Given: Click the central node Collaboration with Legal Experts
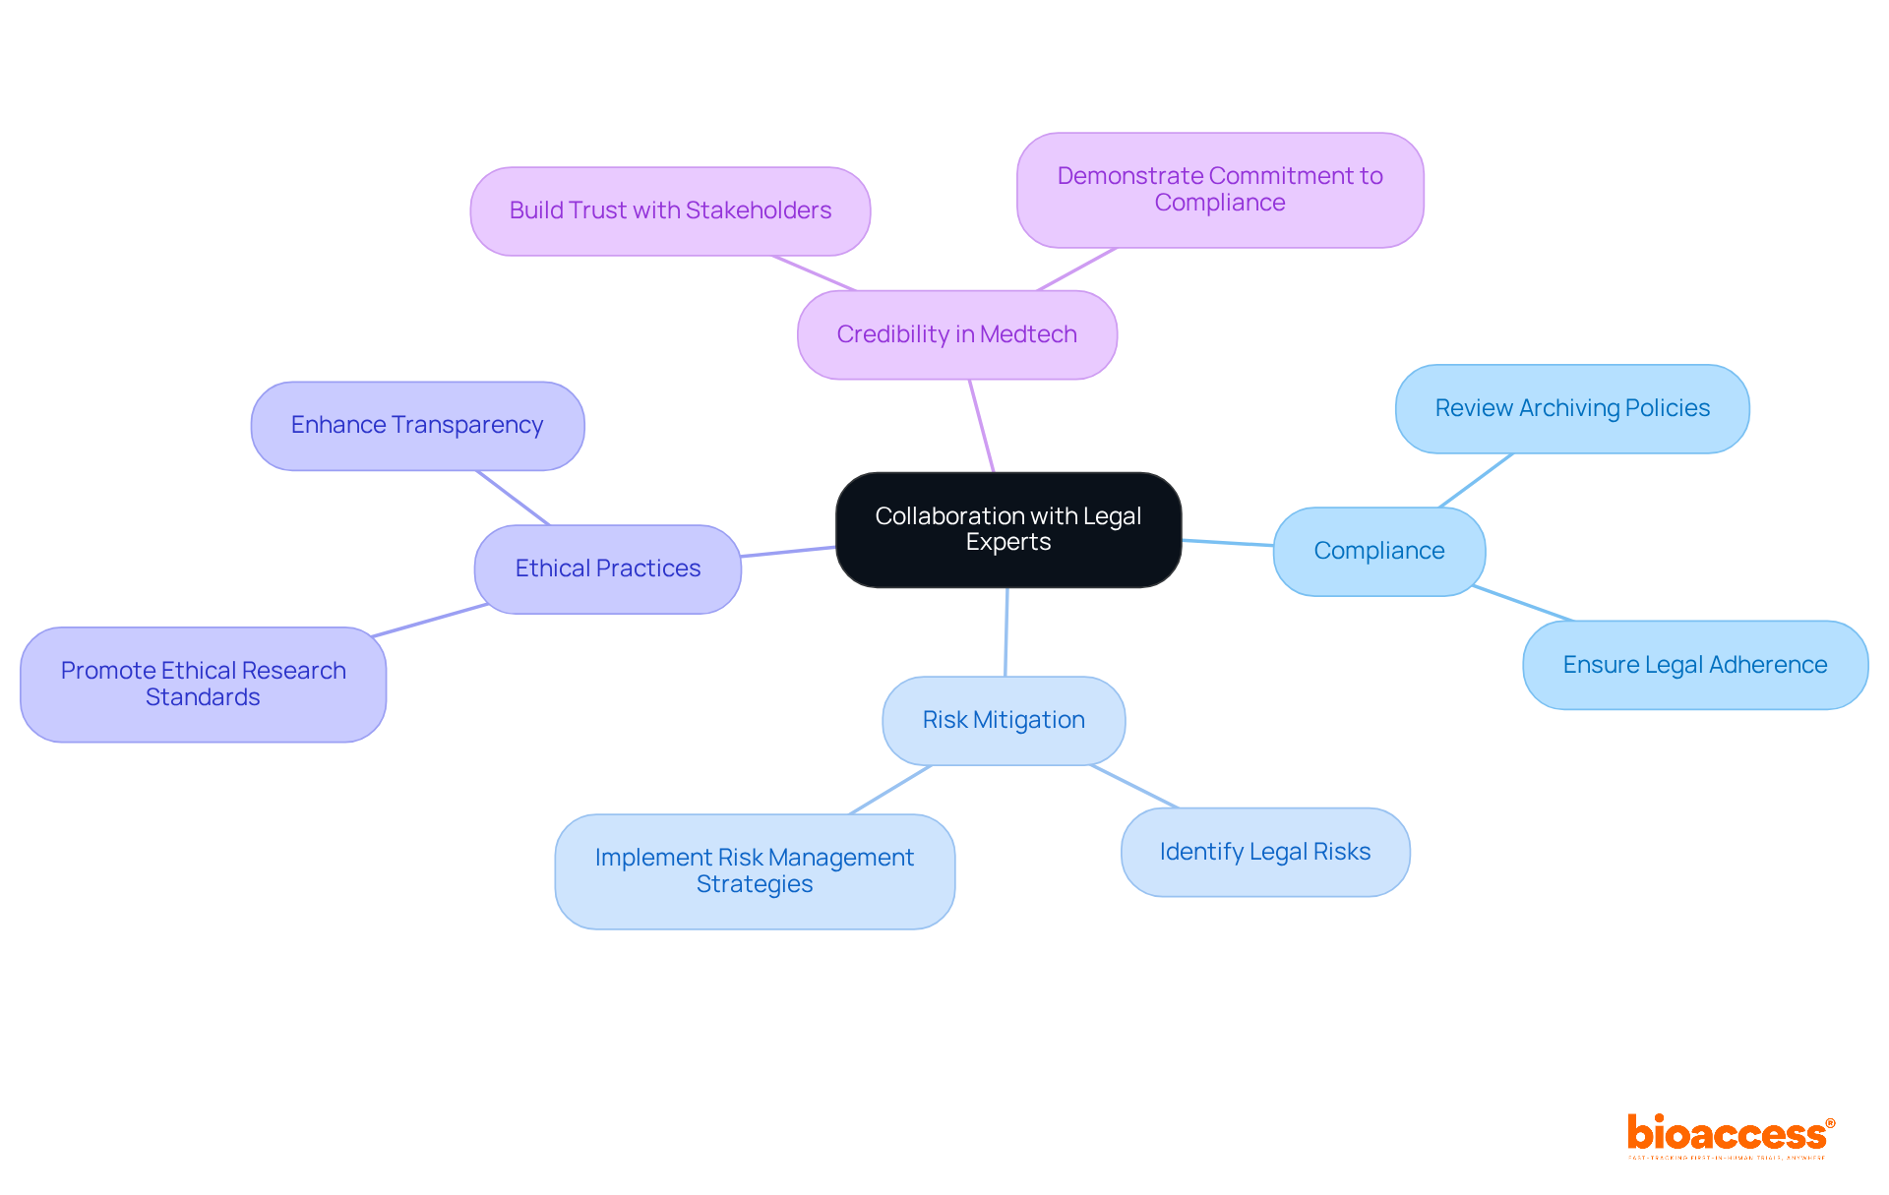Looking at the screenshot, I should tap(1007, 529).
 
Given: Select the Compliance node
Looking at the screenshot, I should tap(1378, 551).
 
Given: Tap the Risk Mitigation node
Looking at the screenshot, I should tap(1003, 720).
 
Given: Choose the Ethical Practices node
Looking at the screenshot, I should tap(607, 568).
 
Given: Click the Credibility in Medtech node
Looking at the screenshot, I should tap(956, 334).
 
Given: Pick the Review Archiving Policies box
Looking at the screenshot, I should tap(1571, 408).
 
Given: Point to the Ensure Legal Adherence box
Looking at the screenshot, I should tap(1694, 665).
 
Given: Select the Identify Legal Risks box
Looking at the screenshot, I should tap(1264, 852).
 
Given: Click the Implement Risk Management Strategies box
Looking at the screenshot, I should tap(754, 870).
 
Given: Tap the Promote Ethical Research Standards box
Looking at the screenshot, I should tap(203, 684).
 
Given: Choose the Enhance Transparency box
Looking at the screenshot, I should tap(416, 425).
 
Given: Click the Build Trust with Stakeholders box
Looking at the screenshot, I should tap(669, 210).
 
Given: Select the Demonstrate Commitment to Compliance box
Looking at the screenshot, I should tap(1219, 189).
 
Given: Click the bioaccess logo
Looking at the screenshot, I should tap(1729, 1135).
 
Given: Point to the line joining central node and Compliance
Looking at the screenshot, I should tap(1227, 542).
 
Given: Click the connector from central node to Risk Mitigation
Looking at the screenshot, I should tap(1005, 631).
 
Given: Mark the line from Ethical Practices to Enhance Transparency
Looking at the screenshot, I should tap(513, 498).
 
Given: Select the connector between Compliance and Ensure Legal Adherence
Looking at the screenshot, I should tap(1522, 603).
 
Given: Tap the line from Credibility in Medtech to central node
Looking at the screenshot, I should tap(982, 426).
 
